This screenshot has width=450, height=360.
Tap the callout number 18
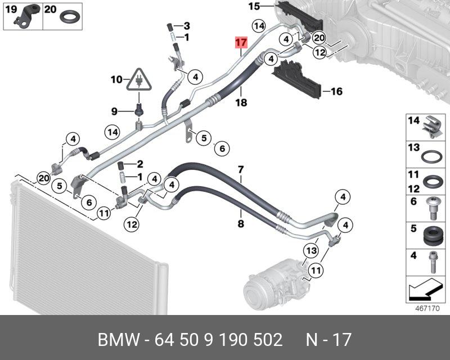tap(241, 103)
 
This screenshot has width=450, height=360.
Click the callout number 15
tap(254, 7)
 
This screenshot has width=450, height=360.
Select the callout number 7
tap(240, 170)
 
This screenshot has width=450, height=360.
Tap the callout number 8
tap(240, 224)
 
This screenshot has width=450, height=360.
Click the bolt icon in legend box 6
tap(433, 208)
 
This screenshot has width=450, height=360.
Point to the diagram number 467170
tap(425, 309)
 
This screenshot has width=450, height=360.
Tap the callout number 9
tap(114, 112)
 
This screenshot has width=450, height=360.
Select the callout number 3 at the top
tap(187, 26)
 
